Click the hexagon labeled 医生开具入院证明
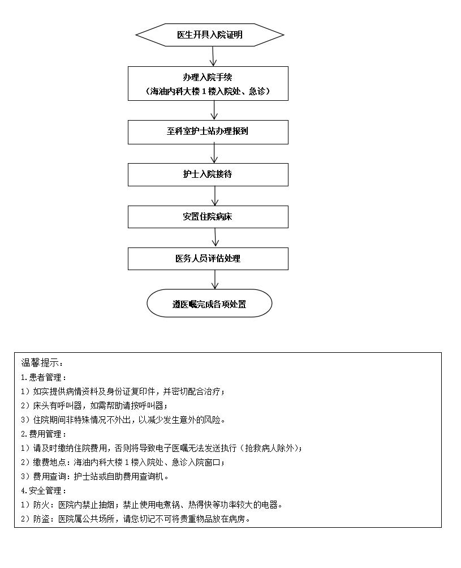pos(209,35)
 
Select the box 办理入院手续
pos(208,83)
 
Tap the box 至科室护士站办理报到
pos(208,132)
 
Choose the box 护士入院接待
pos(208,174)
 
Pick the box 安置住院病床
pos(208,217)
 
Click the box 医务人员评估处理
pos(208,259)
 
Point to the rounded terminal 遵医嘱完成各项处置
pos(209,303)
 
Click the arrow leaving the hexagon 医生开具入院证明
pos(213,56)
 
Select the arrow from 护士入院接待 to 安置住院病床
pos(215,196)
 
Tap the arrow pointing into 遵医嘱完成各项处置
pos(215,279)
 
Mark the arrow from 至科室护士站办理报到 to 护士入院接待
pos(214,153)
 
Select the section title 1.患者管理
pos(44,378)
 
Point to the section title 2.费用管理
pos(44,434)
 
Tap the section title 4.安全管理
pos(44,491)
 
